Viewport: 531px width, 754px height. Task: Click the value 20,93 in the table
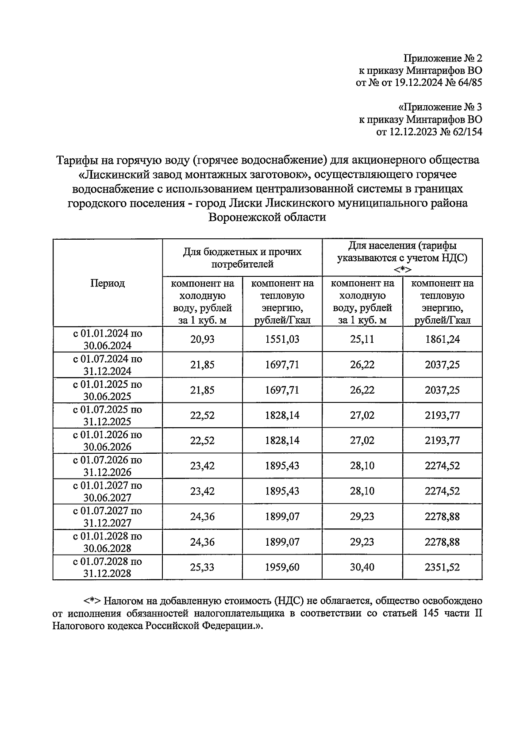click(202, 339)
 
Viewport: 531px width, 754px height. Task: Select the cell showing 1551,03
click(282, 339)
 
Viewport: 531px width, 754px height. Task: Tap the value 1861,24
click(442, 339)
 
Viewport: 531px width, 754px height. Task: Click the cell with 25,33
click(202, 567)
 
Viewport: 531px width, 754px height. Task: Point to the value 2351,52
click(442, 567)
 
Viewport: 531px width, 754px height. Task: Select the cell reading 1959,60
click(282, 567)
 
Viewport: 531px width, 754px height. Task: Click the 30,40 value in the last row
click(362, 567)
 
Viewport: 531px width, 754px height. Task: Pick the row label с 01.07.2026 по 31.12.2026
click(108, 466)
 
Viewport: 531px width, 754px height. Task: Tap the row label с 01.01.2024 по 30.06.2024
click(108, 339)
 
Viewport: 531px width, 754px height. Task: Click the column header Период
click(108, 283)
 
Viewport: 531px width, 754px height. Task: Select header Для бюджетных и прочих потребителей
click(242, 258)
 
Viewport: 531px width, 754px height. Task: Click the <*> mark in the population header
click(402, 270)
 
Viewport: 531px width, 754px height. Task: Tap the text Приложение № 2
click(442, 58)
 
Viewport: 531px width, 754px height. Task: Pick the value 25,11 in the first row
click(362, 339)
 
